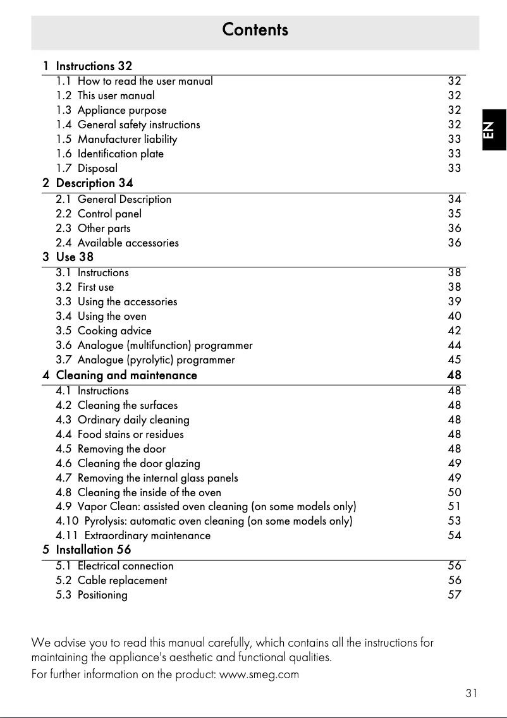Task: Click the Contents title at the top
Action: coord(255,30)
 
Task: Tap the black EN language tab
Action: coord(492,130)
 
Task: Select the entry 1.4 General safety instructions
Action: coord(128,125)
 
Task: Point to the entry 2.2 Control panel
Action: coord(99,214)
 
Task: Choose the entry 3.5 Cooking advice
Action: coord(104,331)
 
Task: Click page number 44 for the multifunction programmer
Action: coord(454,345)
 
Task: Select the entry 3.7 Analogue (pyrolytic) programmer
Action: coord(145,360)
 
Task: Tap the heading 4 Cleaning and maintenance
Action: coord(119,375)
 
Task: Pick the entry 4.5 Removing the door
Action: coord(111,449)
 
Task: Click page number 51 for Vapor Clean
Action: coord(454,506)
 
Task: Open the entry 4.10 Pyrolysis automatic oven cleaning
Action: coord(204,521)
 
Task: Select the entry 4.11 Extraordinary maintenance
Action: coord(133,535)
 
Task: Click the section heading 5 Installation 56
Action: coord(87,550)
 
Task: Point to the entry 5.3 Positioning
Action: coord(92,595)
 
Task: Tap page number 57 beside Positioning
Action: coord(454,595)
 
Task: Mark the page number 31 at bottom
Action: coord(471,693)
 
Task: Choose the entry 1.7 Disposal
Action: coord(87,168)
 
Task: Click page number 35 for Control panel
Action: coord(454,214)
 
